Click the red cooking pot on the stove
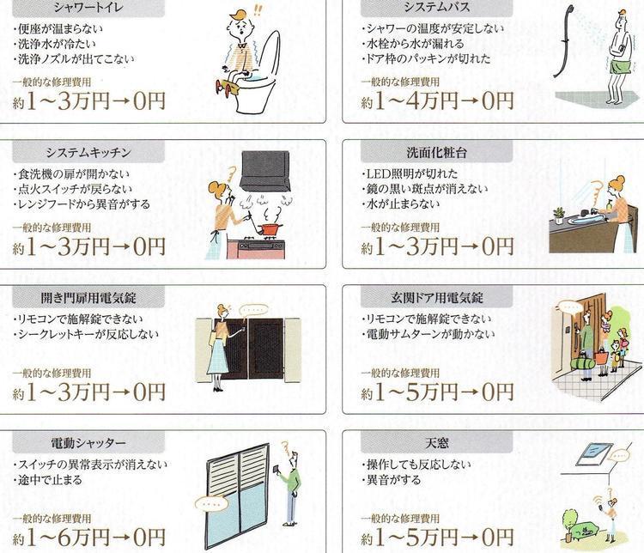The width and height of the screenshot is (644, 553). pyautogui.click(x=269, y=228)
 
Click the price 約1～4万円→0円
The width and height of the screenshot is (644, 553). pyautogui.click(x=437, y=102)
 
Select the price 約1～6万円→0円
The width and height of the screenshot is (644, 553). pyautogui.click(x=89, y=539)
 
